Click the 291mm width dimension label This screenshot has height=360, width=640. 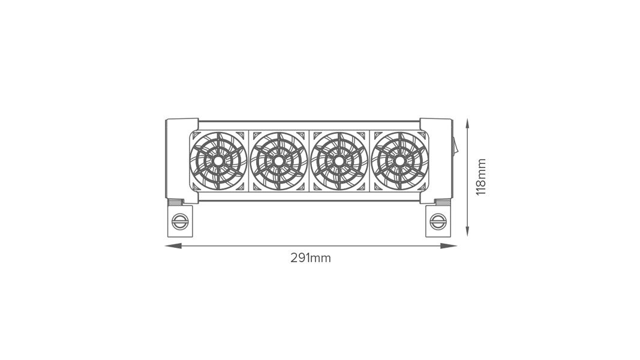click(x=311, y=258)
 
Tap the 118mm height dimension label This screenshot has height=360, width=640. click(x=481, y=177)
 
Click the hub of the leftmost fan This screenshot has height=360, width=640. click(x=218, y=161)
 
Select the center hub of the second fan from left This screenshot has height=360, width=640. click(x=278, y=161)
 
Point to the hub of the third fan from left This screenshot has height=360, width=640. click(x=339, y=161)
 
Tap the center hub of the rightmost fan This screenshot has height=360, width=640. click(x=399, y=161)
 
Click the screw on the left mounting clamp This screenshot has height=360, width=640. click(x=179, y=221)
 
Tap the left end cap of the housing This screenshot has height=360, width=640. click(x=177, y=159)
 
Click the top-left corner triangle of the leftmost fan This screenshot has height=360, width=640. click(x=196, y=135)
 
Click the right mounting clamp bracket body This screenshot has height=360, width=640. click(x=438, y=229)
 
